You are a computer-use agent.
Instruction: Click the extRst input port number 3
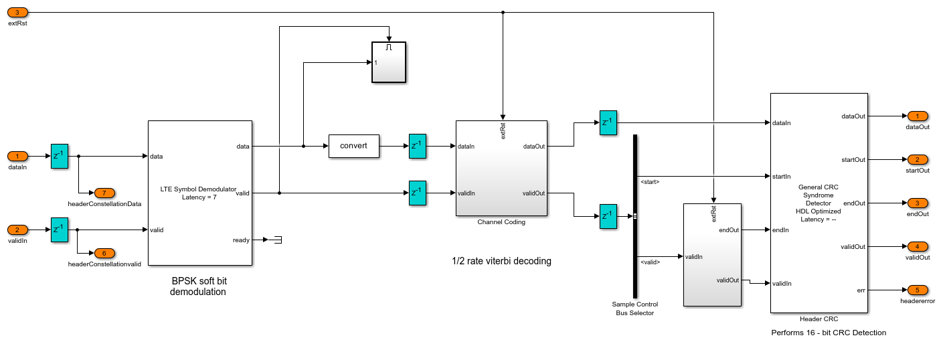click(x=17, y=12)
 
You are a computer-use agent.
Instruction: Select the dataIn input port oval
click(x=17, y=157)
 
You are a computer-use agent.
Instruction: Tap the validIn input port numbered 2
click(x=17, y=230)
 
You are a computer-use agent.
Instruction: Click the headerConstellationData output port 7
click(x=104, y=193)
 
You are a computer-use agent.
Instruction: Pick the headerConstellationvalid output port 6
click(x=104, y=253)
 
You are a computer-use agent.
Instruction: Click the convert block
click(x=353, y=146)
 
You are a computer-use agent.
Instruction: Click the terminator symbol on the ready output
click(x=275, y=240)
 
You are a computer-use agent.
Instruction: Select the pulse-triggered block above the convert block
click(x=389, y=62)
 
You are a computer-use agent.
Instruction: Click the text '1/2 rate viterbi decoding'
click(x=501, y=261)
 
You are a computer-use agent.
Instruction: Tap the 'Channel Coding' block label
click(x=501, y=222)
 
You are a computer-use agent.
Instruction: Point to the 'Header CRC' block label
click(x=819, y=319)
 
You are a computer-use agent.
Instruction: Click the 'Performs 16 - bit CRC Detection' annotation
click(x=829, y=333)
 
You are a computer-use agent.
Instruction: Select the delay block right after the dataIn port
click(x=60, y=157)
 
